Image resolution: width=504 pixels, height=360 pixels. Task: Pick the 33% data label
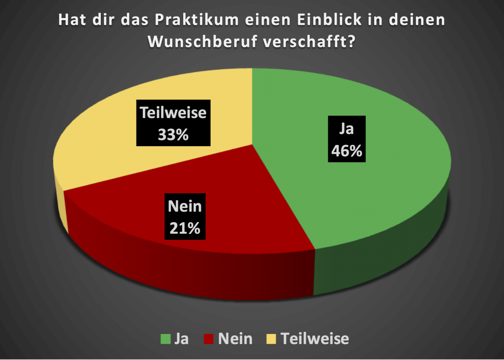(x=173, y=135)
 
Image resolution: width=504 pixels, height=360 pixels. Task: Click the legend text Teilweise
(x=315, y=338)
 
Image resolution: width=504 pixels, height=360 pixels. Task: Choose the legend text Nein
(x=235, y=338)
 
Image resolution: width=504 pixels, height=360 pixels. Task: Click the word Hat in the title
(x=72, y=21)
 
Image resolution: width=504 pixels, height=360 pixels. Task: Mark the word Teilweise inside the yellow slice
(x=173, y=113)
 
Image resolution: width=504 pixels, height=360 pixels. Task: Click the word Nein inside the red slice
(x=185, y=207)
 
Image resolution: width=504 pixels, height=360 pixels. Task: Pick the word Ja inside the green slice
(x=346, y=129)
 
